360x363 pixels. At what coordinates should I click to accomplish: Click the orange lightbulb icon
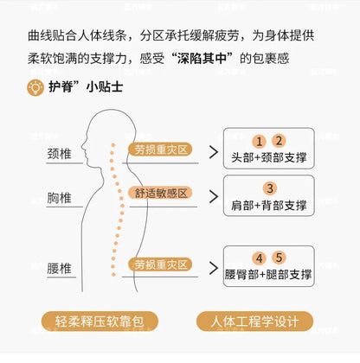pos(35,87)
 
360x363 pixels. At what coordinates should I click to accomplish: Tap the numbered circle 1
pos(259,141)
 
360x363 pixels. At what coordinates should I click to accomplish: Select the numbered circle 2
pos(279,141)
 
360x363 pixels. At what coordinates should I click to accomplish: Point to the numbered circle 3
pos(270,188)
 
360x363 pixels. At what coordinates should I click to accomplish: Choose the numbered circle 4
pos(259,258)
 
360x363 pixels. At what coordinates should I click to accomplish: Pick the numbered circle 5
pos(279,258)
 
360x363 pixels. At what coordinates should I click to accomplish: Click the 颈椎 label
pos(59,154)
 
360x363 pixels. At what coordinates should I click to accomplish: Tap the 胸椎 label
pos(59,198)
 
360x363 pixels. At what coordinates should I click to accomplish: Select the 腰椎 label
pos(59,269)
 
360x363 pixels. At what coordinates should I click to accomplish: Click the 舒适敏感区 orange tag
pos(160,193)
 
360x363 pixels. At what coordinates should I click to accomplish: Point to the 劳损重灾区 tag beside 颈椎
pos(160,150)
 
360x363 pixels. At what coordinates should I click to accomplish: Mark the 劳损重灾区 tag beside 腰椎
pos(160,264)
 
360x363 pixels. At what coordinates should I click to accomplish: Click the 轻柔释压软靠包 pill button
pos(100,322)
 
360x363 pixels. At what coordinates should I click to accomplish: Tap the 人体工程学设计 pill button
pos(254,322)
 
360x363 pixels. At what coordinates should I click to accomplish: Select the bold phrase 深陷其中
pos(202,59)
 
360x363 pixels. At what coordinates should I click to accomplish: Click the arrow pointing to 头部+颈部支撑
pos(214,152)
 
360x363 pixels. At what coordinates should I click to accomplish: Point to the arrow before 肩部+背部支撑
pos(214,197)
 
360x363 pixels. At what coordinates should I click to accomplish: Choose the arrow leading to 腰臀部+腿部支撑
pos(214,268)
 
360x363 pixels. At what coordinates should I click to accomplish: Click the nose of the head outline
pos(82,145)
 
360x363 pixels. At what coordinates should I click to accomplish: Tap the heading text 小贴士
pos(105,87)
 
